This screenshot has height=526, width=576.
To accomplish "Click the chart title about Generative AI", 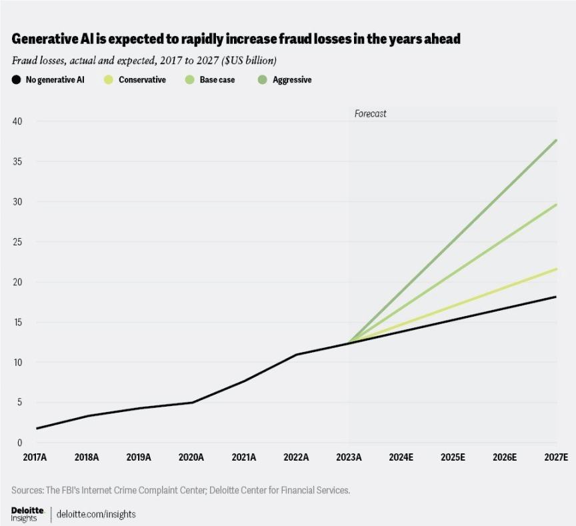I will (x=236, y=39).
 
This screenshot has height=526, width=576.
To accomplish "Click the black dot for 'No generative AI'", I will (x=17, y=80).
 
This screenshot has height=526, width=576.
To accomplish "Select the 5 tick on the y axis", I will (x=19, y=403).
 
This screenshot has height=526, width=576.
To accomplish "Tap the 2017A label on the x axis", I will (x=35, y=457).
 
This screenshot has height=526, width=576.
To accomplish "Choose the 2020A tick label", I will (x=191, y=457).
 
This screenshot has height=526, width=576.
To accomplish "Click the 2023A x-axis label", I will (x=348, y=457).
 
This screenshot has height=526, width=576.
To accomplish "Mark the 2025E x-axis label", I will (x=453, y=457).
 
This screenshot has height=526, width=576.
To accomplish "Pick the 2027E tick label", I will (x=555, y=457).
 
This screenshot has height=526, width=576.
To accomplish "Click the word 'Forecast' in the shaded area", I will (x=370, y=114).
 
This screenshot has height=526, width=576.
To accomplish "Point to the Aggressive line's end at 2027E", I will (x=556, y=140).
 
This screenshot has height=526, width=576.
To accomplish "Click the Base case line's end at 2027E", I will (x=556, y=205).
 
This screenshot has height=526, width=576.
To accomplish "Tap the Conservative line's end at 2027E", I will (x=556, y=269).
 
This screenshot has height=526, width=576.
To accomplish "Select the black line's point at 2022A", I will (x=296, y=355).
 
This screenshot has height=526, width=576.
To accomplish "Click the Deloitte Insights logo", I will (x=27, y=514).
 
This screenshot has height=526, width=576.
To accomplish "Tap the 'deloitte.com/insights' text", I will (x=96, y=515).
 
